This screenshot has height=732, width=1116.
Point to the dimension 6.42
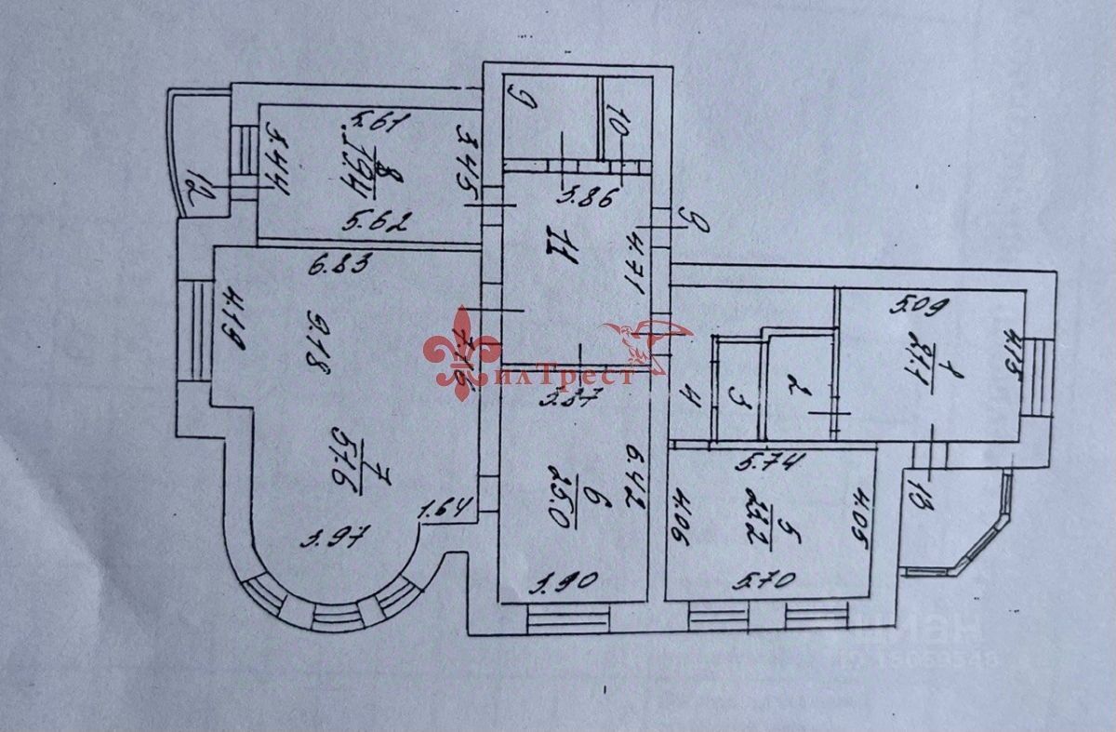click(636, 478)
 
